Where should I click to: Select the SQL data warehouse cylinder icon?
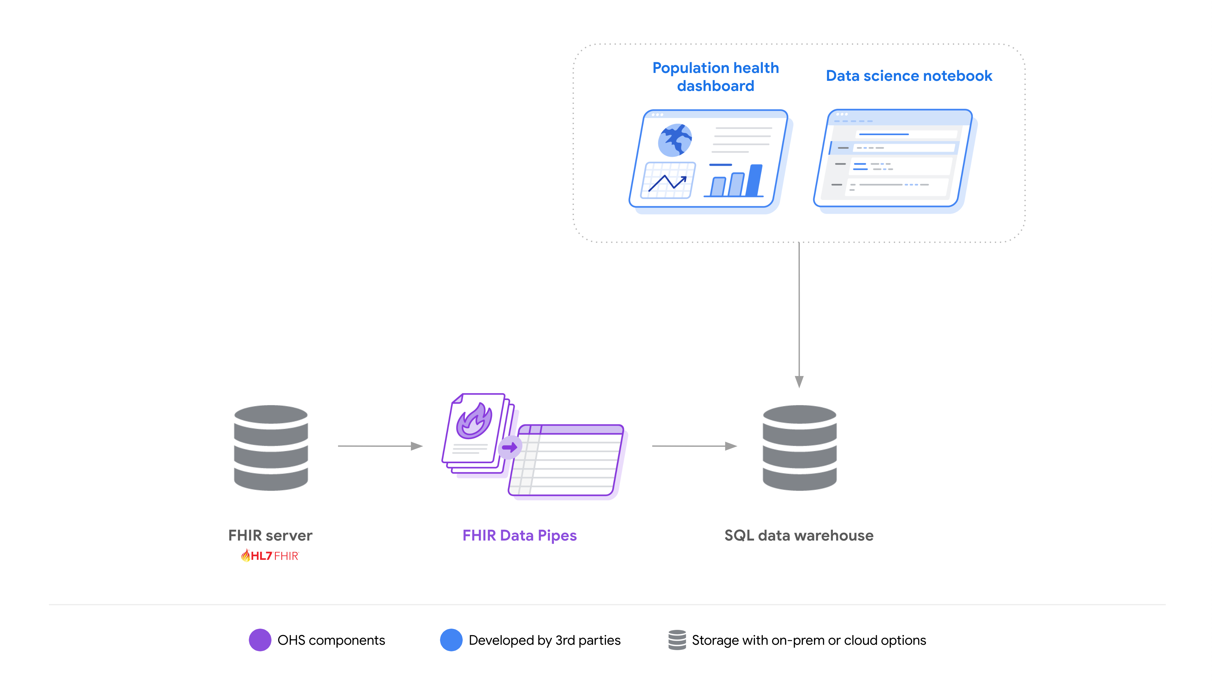click(799, 448)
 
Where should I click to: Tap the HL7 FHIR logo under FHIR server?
click(270, 556)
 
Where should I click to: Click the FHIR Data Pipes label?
click(520, 535)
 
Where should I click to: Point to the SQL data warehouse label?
click(799, 535)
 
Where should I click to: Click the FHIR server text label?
click(270, 535)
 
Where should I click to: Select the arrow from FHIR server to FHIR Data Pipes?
click(380, 446)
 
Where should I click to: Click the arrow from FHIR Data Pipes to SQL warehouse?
click(694, 446)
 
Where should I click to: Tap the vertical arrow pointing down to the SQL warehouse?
click(799, 315)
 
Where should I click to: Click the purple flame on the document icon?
click(474, 420)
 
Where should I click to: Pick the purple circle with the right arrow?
click(509, 447)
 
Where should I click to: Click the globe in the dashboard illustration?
click(675, 140)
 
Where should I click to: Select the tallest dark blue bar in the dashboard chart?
click(754, 180)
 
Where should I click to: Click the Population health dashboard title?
click(715, 77)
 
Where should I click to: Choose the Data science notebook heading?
click(909, 76)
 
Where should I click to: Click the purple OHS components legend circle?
click(260, 640)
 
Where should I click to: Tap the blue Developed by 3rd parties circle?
click(451, 640)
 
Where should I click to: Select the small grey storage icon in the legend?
click(677, 640)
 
